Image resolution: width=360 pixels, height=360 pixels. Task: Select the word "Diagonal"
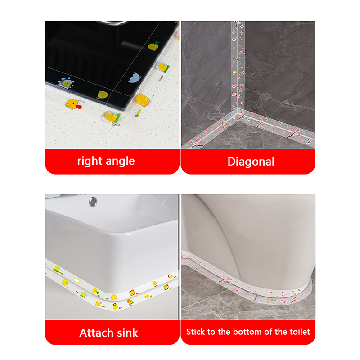[251, 162]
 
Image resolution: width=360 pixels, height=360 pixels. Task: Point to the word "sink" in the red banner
[128, 333]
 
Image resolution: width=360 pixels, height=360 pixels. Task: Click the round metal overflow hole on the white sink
[93, 201]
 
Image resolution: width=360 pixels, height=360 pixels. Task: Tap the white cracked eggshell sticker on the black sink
[134, 77]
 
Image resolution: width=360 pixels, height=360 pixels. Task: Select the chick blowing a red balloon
[73, 104]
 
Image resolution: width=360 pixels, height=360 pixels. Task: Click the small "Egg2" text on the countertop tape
[116, 124]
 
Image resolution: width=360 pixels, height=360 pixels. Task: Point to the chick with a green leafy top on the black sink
[153, 46]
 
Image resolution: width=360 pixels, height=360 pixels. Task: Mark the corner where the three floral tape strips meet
[239, 112]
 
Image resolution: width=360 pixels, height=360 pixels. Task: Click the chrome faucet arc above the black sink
[112, 22]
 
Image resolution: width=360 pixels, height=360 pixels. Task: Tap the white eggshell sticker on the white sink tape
[77, 279]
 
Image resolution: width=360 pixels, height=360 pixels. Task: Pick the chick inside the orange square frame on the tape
[132, 293]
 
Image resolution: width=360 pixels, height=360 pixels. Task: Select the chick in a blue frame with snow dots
[66, 83]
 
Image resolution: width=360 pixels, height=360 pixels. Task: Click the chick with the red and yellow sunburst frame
[166, 287]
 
